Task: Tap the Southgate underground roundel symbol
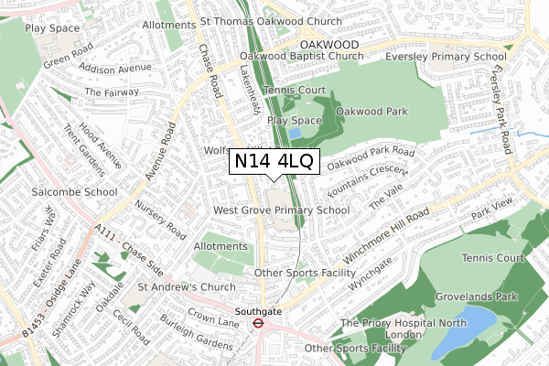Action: point(258,322)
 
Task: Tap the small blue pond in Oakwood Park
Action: point(295,134)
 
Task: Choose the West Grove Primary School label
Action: point(281,210)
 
